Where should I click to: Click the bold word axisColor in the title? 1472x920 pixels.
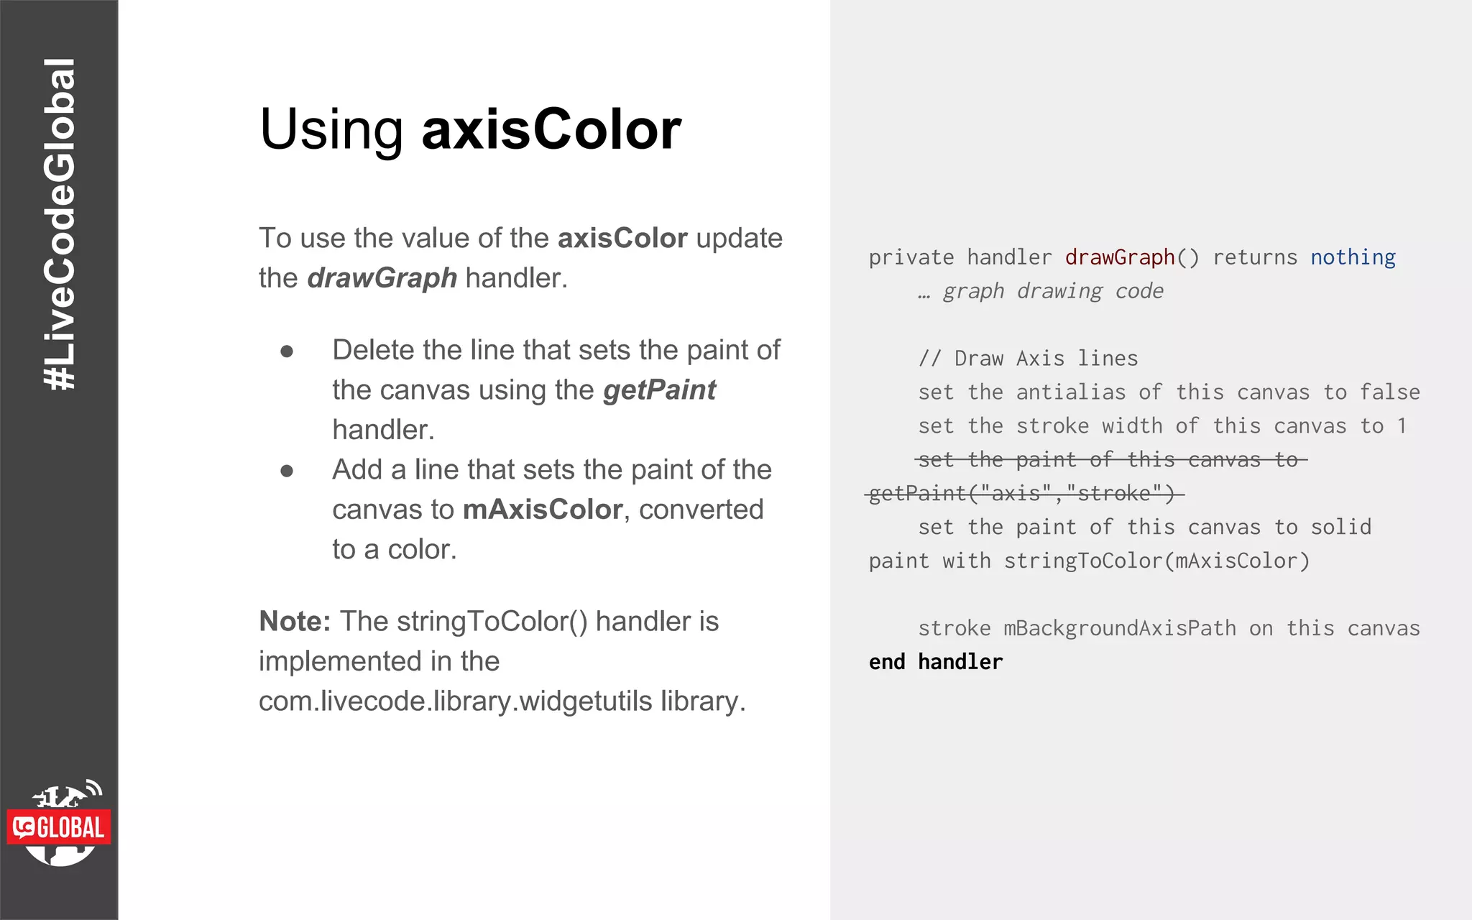(551, 129)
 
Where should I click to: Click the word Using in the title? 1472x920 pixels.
(331, 131)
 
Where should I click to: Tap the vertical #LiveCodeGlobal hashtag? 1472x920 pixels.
(60, 224)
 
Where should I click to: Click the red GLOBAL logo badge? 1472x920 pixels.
(60, 827)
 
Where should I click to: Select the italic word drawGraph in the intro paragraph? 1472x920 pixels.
(382, 278)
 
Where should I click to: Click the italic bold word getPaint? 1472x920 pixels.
(659, 390)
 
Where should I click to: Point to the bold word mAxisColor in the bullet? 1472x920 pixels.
(542, 510)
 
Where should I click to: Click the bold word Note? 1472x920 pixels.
(295, 622)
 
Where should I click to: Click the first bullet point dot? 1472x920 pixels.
(287, 351)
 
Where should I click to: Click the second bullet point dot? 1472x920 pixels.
(287, 471)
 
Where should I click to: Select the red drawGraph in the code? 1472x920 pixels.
(1119, 257)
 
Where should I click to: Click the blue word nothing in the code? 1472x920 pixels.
(1352, 257)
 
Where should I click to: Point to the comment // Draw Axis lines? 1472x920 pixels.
(1028, 359)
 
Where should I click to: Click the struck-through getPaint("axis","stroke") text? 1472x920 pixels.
(1021, 494)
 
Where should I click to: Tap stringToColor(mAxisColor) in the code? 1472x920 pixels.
(1156, 561)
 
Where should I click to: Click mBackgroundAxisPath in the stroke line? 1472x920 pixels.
(1119, 629)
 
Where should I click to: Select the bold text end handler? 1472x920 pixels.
(935, 662)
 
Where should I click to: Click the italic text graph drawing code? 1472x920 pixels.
(1052, 291)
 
